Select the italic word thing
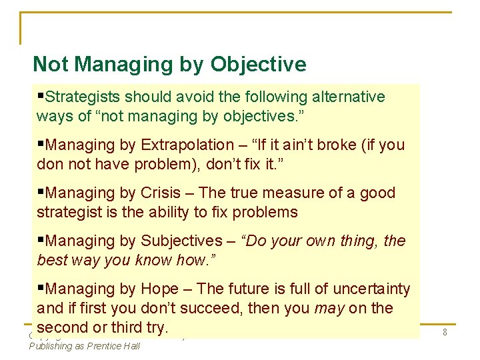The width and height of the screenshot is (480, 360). [360, 241]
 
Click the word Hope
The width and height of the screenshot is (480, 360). [160, 289]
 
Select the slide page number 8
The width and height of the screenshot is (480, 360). [445, 331]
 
